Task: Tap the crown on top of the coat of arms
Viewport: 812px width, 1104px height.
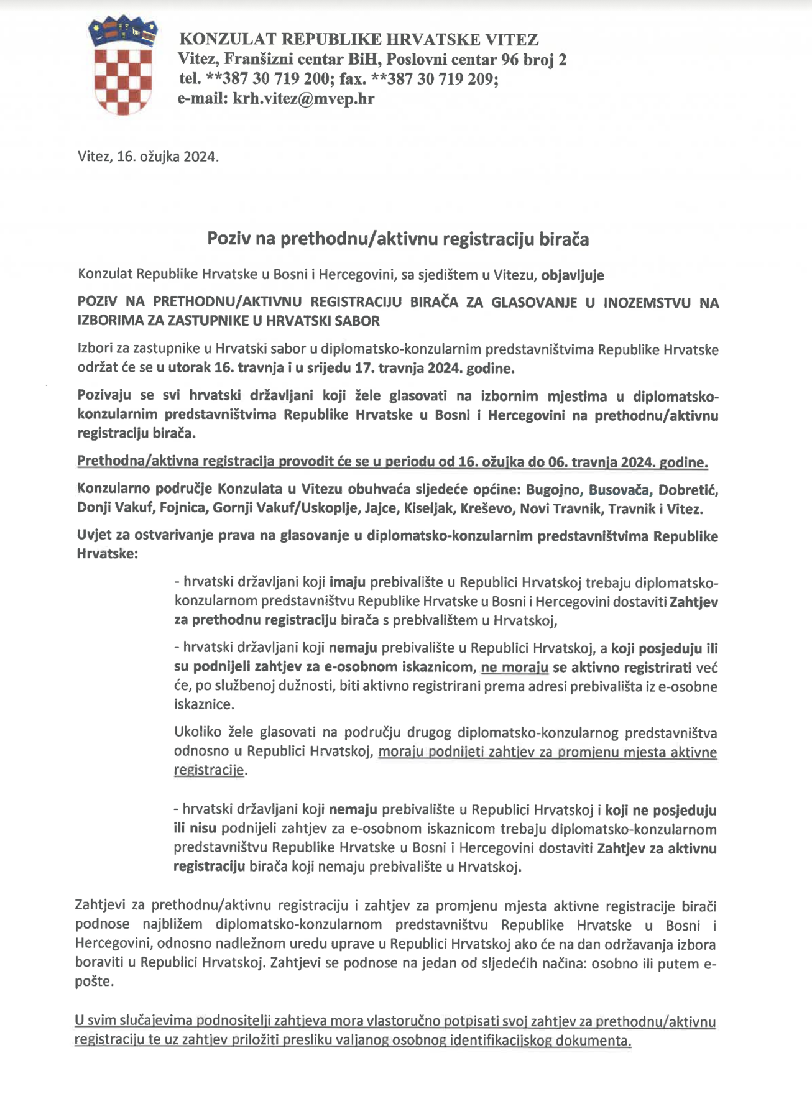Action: (x=122, y=30)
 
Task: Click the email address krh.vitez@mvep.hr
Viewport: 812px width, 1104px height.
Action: (x=303, y=99)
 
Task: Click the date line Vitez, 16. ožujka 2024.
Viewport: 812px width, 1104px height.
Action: (x=148, y=157)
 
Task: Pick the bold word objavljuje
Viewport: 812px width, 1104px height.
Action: (x=573, y=275)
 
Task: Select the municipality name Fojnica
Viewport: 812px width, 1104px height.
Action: (x=183, y=509)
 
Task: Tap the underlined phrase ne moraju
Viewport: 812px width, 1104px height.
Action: (x=514, y=668)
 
